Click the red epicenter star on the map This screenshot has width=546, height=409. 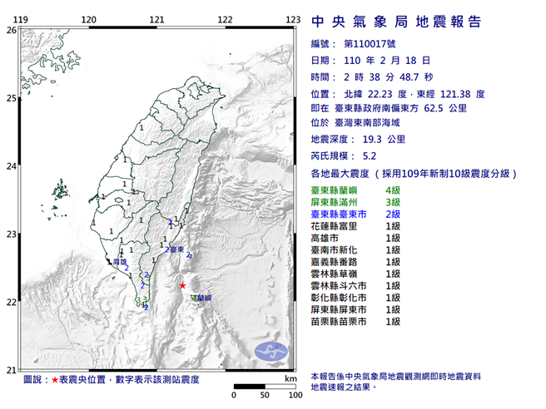[x=182, y=285]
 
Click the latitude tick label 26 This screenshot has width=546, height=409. [x=11, y=30]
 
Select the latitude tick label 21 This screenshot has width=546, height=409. [x=11, y=370]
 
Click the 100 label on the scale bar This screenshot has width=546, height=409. [x=294, y=395]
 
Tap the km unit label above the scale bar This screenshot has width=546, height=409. [x=290, y=378]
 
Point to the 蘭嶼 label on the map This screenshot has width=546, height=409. [x=202, y=297]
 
